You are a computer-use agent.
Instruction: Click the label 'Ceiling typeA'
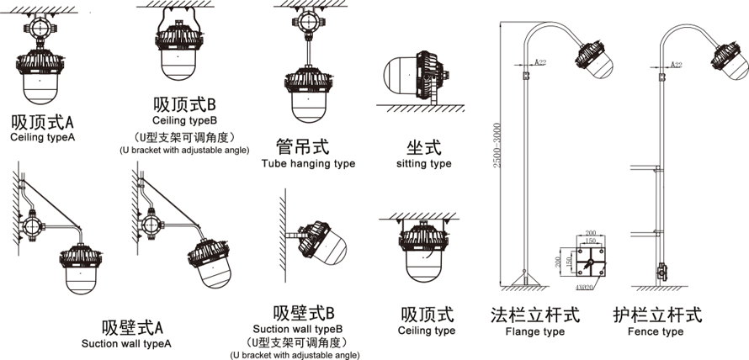43,137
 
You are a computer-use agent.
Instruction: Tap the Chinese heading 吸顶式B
185,104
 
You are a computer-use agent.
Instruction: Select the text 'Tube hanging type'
308,164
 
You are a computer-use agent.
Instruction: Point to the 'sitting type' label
423,164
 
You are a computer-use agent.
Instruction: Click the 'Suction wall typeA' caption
126,344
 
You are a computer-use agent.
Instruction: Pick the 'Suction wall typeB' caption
298,329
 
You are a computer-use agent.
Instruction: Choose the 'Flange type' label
535,331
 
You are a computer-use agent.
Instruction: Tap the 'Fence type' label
656,331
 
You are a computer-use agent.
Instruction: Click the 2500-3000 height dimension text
497,146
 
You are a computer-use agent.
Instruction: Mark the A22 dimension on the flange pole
539,62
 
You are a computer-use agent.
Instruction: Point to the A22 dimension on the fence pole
677,65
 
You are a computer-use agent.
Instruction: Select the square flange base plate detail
590,262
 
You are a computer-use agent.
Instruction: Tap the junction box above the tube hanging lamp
308,20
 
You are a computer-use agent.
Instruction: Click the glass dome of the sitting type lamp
401,75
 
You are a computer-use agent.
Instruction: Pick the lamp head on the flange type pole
593,59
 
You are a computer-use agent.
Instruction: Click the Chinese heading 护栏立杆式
657,315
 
